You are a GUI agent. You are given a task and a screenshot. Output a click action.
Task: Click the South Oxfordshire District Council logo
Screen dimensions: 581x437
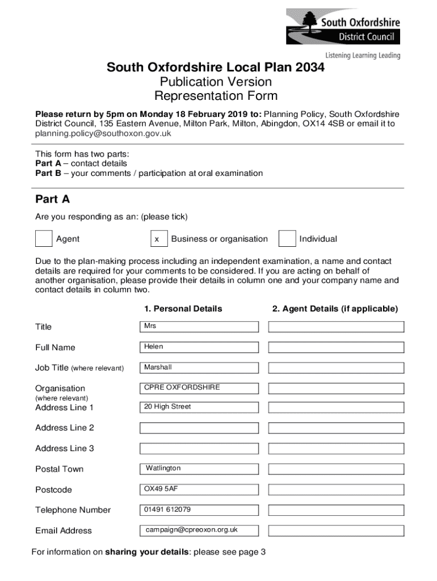[343, 31]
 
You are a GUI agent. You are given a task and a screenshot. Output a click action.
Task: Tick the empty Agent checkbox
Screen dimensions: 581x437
[44, 239]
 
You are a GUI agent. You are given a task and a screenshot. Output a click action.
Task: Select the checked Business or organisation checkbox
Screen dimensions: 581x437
[159, 239]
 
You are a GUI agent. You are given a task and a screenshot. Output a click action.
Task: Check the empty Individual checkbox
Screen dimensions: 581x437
[287, 239]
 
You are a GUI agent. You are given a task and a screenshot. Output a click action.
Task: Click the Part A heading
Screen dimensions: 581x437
[52, 199]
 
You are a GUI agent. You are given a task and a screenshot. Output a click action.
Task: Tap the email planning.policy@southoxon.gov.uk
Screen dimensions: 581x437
[103, 134]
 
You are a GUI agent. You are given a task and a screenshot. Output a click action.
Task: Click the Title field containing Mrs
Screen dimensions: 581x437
[199, 327]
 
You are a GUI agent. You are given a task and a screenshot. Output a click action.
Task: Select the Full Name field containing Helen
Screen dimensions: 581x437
[199, 347]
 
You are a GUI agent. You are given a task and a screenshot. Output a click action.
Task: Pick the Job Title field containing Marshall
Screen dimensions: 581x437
[199, 368]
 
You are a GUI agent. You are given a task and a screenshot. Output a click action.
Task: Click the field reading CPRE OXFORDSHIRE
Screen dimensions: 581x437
[199, 388]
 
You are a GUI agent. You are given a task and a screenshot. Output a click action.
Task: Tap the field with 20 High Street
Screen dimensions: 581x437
[199, 407]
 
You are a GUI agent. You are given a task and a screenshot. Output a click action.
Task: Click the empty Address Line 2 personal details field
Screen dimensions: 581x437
[199, 428]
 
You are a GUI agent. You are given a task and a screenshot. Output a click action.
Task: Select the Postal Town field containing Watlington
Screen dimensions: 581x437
[199, 469]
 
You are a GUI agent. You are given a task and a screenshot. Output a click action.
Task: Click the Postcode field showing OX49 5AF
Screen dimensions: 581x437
[199, 489]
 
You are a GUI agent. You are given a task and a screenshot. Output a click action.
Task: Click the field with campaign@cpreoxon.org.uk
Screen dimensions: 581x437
[199, 531]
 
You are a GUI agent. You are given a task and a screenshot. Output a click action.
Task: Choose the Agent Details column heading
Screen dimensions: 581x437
[335, 309]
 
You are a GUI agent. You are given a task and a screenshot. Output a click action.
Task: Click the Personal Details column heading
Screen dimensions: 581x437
[183, 309]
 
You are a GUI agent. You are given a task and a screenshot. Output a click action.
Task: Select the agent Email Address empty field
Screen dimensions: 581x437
[336, 531]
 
